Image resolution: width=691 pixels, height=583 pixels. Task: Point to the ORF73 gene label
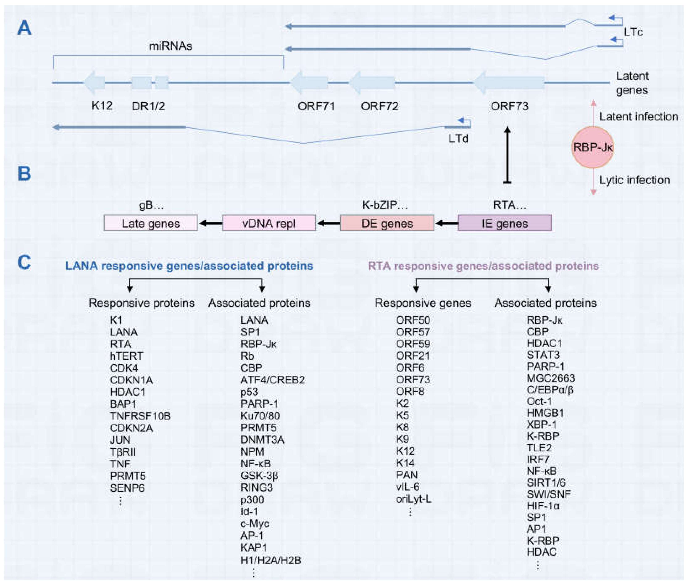(x=509, y=106)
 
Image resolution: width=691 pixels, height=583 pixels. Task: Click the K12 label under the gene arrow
(x=102, y=106)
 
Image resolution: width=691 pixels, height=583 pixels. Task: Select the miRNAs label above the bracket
(x=170, y=46)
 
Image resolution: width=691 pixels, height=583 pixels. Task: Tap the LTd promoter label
(x=458, y=139)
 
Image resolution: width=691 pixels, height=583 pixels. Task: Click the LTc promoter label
(x=633, y=32)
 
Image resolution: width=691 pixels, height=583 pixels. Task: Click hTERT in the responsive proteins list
(x=126, y=356)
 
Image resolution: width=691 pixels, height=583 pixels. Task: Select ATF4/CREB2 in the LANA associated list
(x=272, y=380)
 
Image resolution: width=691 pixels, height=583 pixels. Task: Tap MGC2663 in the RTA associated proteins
(x=551, y=378)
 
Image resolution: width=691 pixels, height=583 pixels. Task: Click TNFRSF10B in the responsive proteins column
(x=140, y=416)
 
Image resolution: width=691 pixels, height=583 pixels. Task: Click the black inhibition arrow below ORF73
(x=507, y=155)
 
